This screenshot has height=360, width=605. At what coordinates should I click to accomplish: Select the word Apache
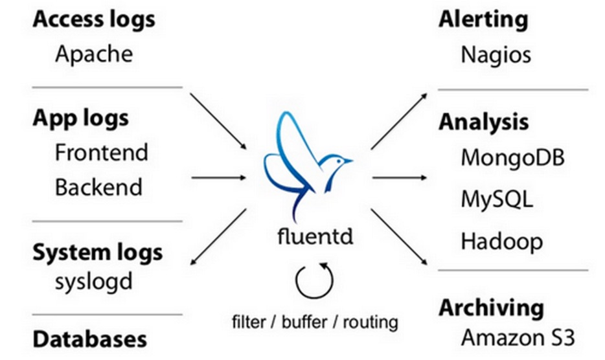(93, 53)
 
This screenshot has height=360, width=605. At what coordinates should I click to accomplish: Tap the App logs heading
(80, 118)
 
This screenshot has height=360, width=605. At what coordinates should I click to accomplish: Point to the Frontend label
(101, 153)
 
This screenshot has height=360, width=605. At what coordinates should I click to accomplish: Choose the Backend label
(98, 187)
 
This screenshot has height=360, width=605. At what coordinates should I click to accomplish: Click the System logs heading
(97, 252)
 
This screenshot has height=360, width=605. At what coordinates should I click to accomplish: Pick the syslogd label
(93, 282)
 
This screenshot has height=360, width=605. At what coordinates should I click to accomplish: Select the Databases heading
(89, 339)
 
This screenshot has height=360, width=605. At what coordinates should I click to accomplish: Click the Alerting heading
(483, 19)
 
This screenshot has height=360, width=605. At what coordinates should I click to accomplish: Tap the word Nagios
(496, 54)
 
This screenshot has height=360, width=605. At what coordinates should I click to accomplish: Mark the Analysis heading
(484, 122)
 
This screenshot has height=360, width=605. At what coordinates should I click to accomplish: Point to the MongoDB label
(512, 157)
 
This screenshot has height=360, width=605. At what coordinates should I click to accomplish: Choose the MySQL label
(497, 199)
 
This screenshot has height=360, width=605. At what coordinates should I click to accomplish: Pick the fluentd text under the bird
(313, 236)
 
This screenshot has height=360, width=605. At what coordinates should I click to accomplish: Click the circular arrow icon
(314, 279)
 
